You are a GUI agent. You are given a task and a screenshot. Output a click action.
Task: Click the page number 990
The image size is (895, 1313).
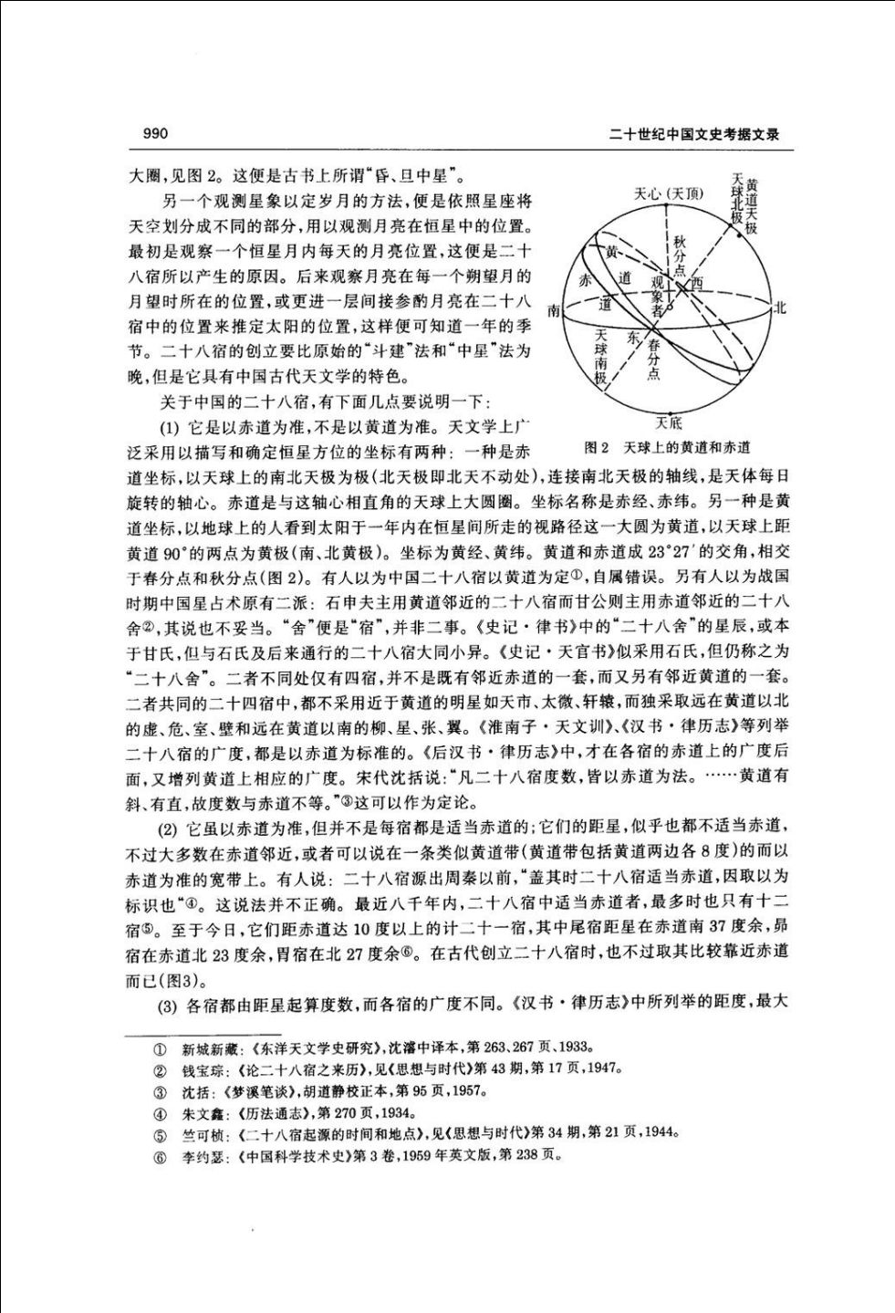[x=156, y=134]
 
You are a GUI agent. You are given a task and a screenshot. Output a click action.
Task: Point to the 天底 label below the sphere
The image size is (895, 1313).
[x=667, y=422]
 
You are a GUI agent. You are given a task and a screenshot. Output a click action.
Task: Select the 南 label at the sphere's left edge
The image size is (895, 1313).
[x=553, y=311]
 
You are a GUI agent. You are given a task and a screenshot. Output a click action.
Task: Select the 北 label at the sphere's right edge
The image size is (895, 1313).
[x=780, y=308]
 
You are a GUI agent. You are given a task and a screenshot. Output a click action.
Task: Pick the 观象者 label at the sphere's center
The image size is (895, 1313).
[x=654, y=297]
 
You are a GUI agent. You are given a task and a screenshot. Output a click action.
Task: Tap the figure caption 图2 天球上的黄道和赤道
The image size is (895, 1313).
[x=667, y=447]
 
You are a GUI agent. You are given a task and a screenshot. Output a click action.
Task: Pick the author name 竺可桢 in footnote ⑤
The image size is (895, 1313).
[x=200, y=1132]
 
